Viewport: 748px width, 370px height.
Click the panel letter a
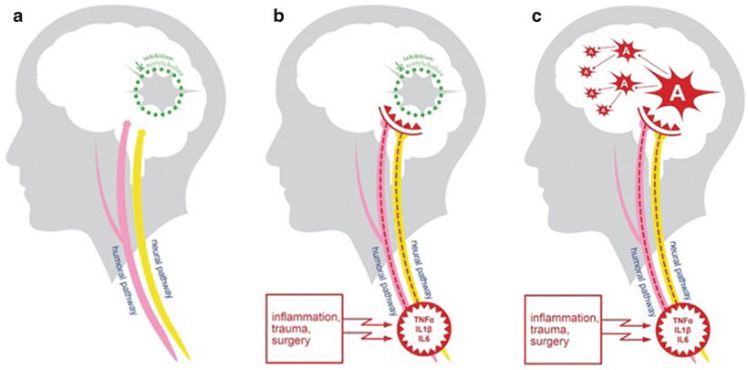[x=16, y=16]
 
